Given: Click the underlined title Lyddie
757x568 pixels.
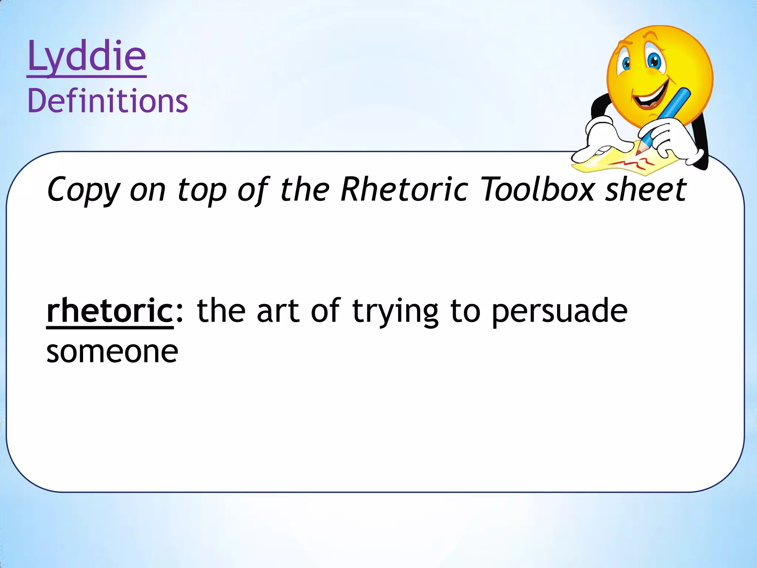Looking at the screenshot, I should (87, 57).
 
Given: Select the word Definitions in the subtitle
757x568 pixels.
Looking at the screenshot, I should (108, 101).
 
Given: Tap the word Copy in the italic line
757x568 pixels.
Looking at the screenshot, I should (84, 189).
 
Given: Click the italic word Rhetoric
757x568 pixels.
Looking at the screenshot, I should (404, 189).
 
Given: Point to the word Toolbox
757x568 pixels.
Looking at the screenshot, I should (537, 189).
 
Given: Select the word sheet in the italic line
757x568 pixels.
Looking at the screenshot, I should (645, 189).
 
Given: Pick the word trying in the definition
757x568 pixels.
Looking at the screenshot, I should (395, 312).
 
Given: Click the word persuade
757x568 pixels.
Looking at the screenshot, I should (559, 312).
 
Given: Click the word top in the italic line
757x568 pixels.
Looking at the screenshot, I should (202, 190).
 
